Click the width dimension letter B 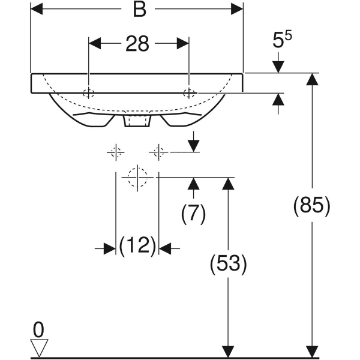pos(140,10)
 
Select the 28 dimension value pos(137,44)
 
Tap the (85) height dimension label pos(312,206)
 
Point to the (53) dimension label pos(228,264)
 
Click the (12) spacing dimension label pos(137,245)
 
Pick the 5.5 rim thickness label pos(282,40)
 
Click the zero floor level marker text pos(38,329)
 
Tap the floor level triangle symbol pos(39,348)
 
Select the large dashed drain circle pos(137,177)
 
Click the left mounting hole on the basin pos(89,93)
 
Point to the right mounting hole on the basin pos(189,93)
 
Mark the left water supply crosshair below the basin pos(116,152)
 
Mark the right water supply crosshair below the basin pos(158,152)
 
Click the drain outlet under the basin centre pos(137,121)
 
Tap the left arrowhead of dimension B pos(37,9)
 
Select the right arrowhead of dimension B pos(237,9)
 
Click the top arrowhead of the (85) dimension pos(312,79)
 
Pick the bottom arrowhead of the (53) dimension pos(228,352)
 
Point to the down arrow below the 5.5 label pos(278,62)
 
